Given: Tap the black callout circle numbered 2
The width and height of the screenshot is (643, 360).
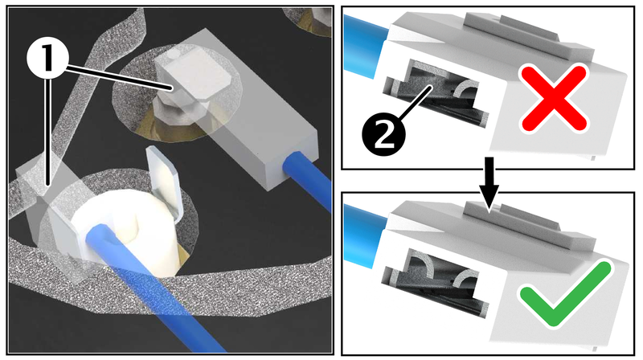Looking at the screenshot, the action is tap(383, 134).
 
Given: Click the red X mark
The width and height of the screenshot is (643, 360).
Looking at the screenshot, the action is tap(553, 99).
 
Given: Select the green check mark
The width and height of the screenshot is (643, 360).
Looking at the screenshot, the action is tap(567, 293).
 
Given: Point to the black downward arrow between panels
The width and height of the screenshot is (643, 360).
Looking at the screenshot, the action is tap(489, 184).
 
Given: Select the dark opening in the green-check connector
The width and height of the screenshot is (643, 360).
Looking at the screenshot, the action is tap(436, 284).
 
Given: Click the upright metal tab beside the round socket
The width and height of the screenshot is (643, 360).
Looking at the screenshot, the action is tap(162, 182).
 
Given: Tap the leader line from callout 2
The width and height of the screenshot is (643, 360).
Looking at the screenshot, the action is tap(414, 102).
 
